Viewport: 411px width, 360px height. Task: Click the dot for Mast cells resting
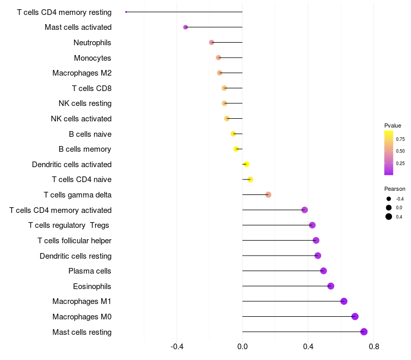[x=364, y=332]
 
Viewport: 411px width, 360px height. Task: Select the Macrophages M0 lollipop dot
[x=355, y=317]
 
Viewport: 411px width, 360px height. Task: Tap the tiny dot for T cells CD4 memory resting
[x=126, y=12]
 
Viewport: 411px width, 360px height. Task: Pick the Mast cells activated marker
[x=185, y=27]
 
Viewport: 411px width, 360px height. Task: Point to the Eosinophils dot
[x=331, y=286]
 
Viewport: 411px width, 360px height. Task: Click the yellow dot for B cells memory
[x=236, y=149]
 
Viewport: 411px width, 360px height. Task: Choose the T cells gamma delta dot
[x=268, y=195]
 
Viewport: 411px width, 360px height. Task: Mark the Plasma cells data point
[x=323, y=271]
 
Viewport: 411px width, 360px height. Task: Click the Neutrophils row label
[x=92, y=43]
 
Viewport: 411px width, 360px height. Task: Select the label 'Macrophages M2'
[x=82, y=73]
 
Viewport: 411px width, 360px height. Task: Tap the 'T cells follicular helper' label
[x=74, y=241]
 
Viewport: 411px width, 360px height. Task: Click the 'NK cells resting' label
[x=85, y=103]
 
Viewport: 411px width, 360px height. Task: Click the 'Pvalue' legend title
[x=393, y=125]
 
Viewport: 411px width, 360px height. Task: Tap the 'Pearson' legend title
[x=395, y=189]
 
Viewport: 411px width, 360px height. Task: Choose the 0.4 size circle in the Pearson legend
[x=389, y=217]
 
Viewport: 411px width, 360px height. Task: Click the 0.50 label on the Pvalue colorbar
[x=400, y=151]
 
